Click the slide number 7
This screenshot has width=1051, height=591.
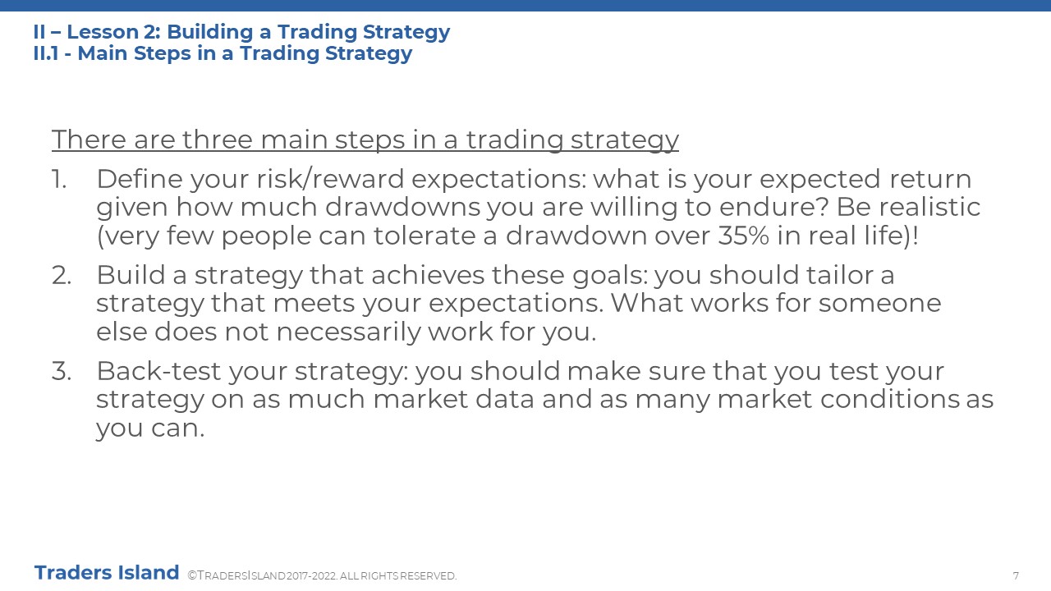pyautogui.click(x=1016, y=575)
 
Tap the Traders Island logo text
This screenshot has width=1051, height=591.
pyautogui.click(x=107, y=573)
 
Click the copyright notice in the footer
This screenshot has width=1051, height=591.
pyautogui.click(x=322, y=575)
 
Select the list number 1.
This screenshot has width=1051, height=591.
pyautogui.click(x=58, y=179)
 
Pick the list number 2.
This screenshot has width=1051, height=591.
pyautogui.click(x=61, y=275)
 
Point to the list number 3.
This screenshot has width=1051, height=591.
pyautogui.click(x=61, y=371)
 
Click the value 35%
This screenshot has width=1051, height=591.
pyautogui.click(x=744, y=236)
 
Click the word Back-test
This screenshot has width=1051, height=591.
pyautogui.click(x=158, y=371)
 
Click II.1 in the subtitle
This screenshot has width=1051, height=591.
pyautogui.click(x=46, y=53)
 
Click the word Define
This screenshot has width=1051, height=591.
pyautogui.click(x=140, y=179)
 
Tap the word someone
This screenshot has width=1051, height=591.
pyautogui.click(x=879, y=304)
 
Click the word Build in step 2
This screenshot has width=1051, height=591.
pyautogui.click(x=131, y=275)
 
